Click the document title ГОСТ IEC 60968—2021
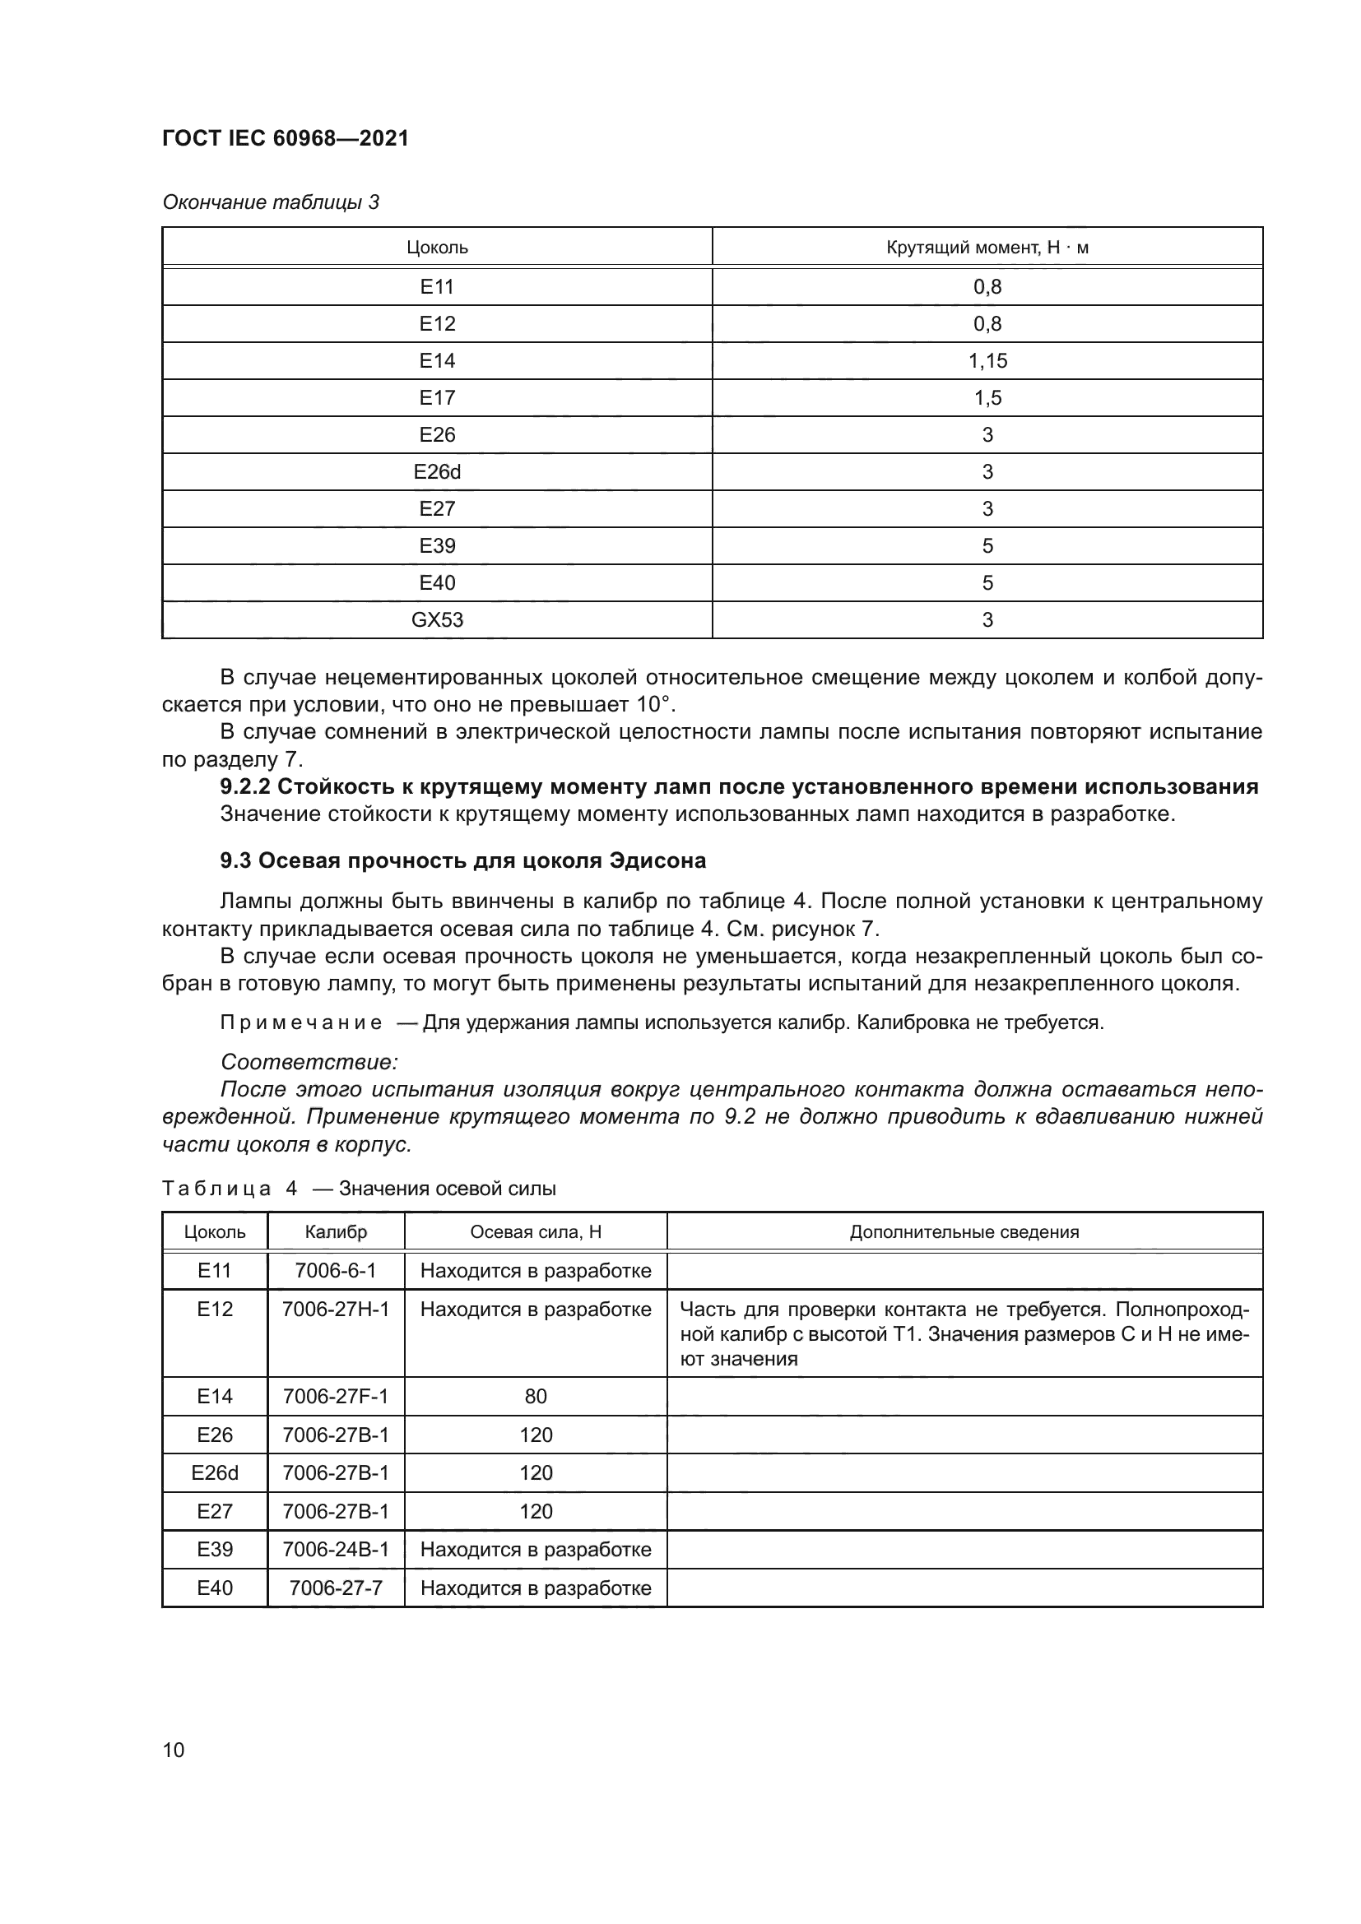(285, 138)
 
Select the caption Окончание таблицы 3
(271, 202)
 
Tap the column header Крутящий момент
(987, 248)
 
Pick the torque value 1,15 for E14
(987, 361)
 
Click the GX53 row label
(437, 620)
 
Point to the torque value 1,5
(987, 398)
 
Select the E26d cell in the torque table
(437, 472)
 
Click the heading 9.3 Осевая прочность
(462, 860)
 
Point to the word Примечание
(301, 1023)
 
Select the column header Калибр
(335, 1232)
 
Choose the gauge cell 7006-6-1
(335, 1270)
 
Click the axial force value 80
(536, 1396)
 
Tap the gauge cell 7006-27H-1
(335, 1309)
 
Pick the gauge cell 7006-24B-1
(335, 1550)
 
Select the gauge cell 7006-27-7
(335, 1588)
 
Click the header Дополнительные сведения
(964, 1232)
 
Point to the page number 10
(174, 1750)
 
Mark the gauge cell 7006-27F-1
(335, 1396)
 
